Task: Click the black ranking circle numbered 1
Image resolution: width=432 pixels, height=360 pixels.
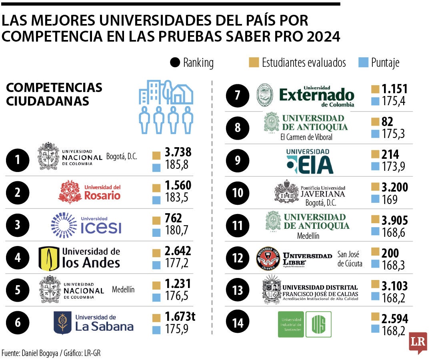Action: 18,160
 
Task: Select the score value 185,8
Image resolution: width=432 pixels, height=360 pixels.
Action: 176,164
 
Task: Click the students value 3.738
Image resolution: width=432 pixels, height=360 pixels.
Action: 178,152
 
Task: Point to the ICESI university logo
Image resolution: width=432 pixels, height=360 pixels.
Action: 86,225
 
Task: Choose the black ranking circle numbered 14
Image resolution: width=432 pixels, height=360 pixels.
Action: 238,323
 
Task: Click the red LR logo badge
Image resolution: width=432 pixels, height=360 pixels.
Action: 418,342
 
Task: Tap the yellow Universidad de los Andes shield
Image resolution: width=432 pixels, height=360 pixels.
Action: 49,258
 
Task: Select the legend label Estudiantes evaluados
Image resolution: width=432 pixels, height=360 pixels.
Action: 304,62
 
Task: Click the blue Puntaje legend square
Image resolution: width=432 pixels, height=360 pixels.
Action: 363,62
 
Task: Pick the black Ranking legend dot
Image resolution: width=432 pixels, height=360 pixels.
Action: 175,62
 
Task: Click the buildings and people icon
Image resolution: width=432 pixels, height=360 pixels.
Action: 166,106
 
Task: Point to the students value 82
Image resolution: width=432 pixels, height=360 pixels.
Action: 388,122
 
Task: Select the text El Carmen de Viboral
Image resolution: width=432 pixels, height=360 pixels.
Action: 306,137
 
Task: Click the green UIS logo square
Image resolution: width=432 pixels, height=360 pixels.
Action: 318,324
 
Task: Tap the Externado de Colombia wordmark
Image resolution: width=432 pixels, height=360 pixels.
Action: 316,96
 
